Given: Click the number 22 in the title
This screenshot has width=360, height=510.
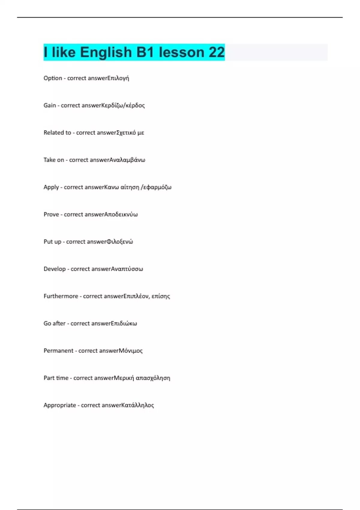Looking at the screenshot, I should pyautogui.click(x=217, y=52).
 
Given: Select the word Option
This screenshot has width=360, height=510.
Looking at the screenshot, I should pyautogui.click(x=53, y=78).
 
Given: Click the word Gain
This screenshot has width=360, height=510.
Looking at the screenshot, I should pyautogui.click(x=50, y=105).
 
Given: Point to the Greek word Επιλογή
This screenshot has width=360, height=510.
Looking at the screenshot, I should pyautogui.click(x=118, y=78).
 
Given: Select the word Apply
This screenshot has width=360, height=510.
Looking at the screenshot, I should pyautogui.click(x=51, y=187).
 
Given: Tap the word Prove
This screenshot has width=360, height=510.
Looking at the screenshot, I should pyautogui.click(x=51, y=214).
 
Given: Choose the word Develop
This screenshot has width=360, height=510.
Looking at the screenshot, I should pyautogui.click(x=55, y=269).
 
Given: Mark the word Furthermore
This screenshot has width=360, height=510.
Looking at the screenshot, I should pyautogui.click(x=61, y=296).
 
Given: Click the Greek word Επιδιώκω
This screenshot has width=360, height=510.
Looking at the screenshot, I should pyautogui.click(x=124, y=323).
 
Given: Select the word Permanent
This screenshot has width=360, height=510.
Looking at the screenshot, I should pyautogui.click(x=58, y=351).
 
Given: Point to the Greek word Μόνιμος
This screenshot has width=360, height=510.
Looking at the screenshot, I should pyautogui.click(x=131, y=351).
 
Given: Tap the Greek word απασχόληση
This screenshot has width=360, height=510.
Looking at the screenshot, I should pyautogui.click(x=153, y=378).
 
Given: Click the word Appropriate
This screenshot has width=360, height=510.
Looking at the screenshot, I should pyautogui.click(x=60, y=405).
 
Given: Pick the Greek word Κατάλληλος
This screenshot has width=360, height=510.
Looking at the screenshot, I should pyautogui.click(x=138, y=405).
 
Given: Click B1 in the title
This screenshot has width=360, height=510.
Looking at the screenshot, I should pyautogui.click(x=145, y=52).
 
